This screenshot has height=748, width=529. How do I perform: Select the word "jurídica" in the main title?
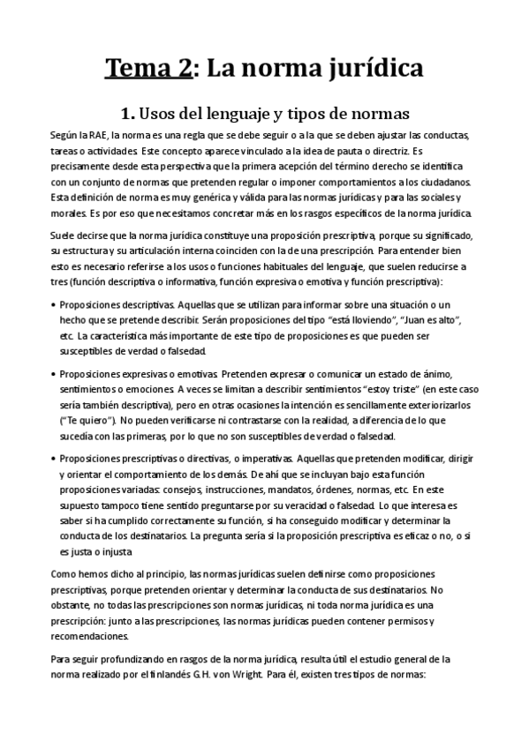tap(373, 68)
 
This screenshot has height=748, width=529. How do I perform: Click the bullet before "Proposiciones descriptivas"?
tap(56, 303)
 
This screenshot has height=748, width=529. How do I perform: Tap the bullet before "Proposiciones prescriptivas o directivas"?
tap(56, 459)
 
